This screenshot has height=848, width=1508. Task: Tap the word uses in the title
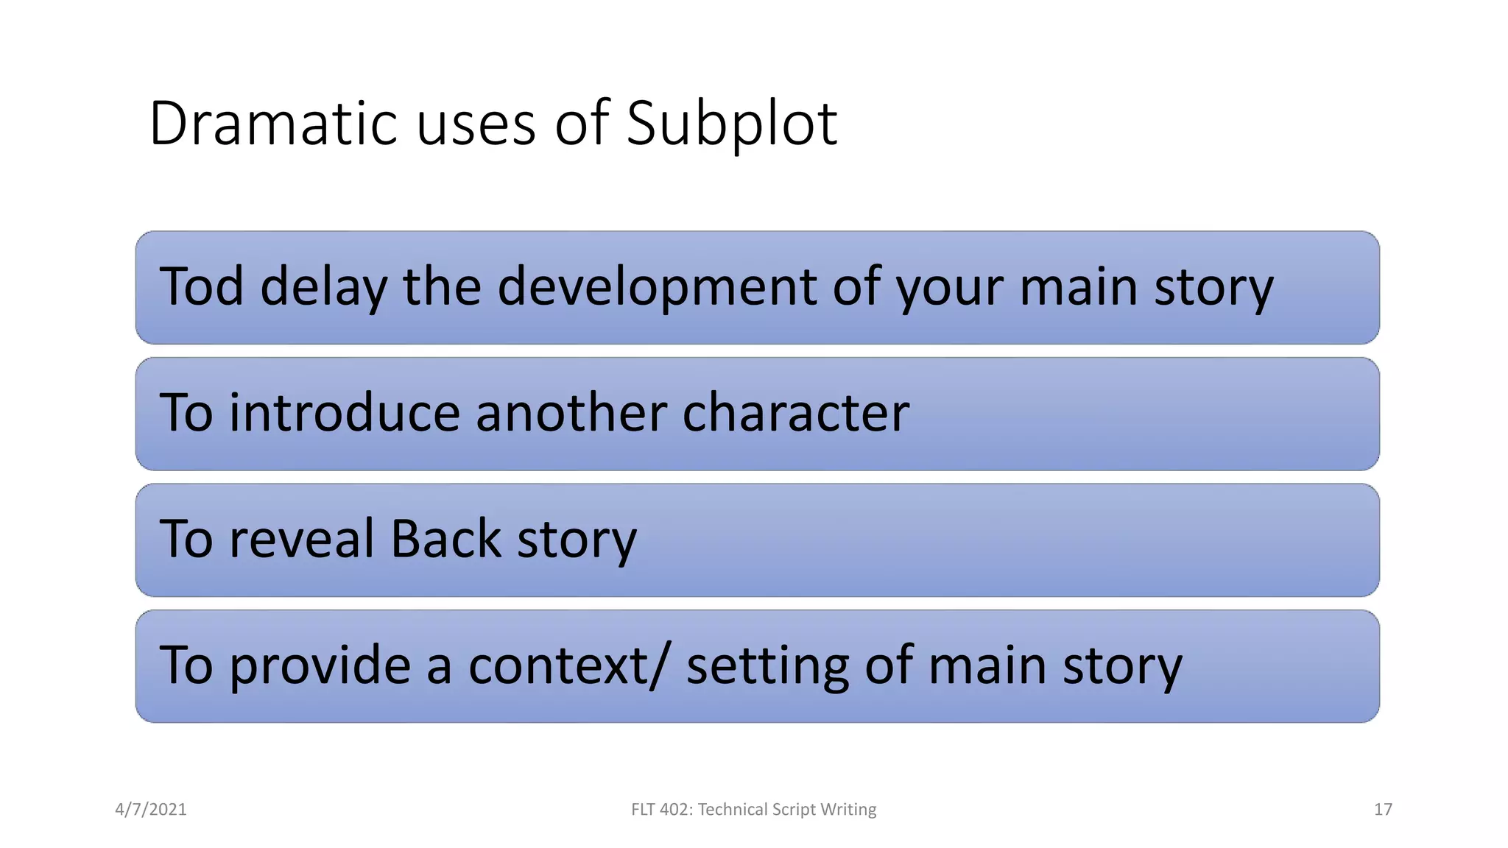[476, 123]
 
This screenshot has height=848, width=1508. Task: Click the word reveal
[302, 539]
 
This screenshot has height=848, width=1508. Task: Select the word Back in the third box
[445, 539]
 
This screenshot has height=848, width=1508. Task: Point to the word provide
[320, 665]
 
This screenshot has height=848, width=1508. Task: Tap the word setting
[767, 665]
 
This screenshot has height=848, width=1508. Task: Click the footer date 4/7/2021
[151, 809]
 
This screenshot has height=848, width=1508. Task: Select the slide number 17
[1383, 809]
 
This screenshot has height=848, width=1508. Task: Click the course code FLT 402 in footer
[660, 809]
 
